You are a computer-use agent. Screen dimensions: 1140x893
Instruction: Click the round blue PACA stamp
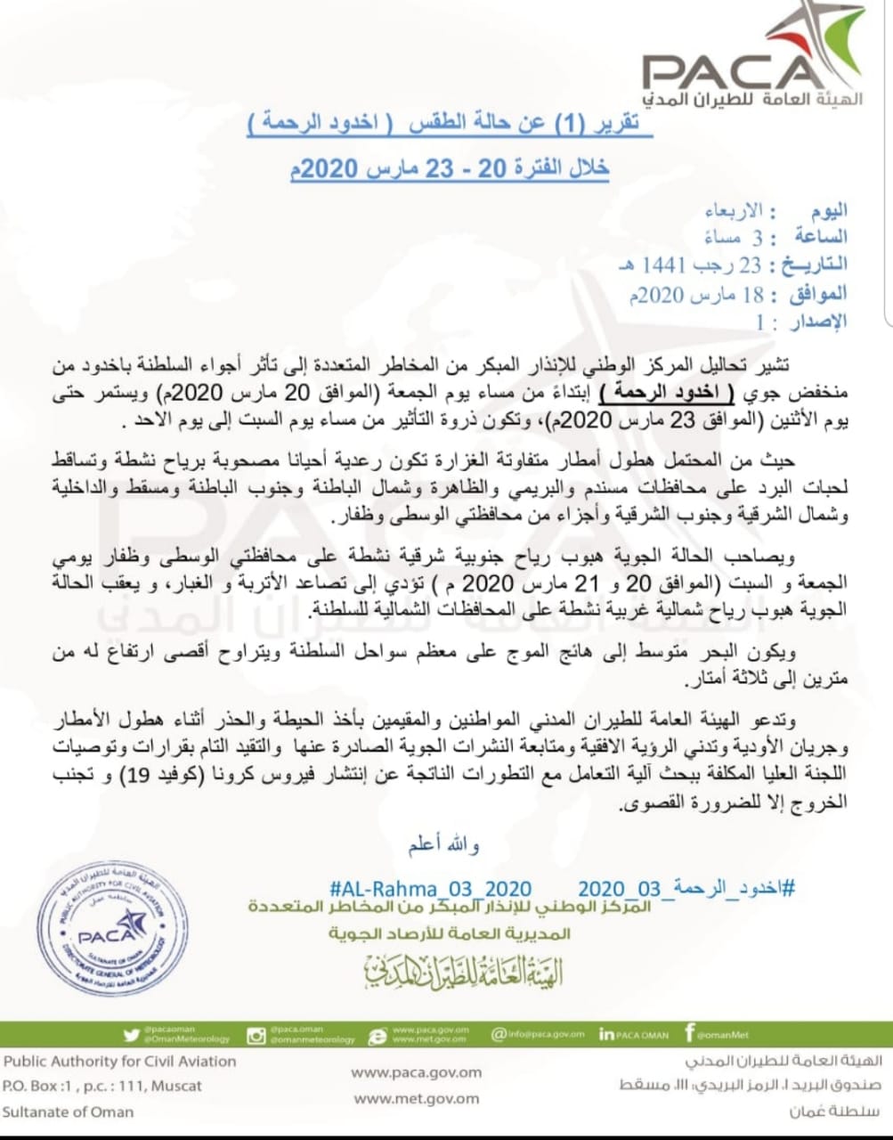(x=113, y=929)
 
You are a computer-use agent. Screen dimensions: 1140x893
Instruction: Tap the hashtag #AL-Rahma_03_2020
(x=430, y=889)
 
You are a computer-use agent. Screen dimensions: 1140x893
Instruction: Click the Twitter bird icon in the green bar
(x=133, y=1035)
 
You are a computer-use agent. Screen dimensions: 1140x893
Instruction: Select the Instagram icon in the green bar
(x=256, y=1035)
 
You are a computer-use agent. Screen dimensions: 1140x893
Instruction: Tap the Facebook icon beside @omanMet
(x=689, y=1033)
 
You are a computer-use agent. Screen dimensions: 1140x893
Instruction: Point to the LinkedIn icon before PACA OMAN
(x=607, y=1035)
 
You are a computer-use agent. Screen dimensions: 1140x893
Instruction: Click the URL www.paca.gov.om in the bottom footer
(x=416, y=1072)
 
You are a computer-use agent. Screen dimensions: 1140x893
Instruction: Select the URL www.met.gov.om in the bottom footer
(x=416, y=1099)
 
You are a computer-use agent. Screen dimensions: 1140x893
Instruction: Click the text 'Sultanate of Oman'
(x=68, y=1111)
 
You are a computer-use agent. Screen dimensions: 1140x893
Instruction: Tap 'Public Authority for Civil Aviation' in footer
(x=119, y=1061)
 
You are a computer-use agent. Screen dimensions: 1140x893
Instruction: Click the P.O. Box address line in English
(x=102, y=1086)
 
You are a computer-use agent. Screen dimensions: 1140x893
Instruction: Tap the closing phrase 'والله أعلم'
(x=444, y=844)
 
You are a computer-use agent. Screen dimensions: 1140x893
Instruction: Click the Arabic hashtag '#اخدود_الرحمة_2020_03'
(x=686, y=889)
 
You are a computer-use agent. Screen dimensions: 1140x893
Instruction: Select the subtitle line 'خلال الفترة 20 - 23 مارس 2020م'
(x=450, y=168)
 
